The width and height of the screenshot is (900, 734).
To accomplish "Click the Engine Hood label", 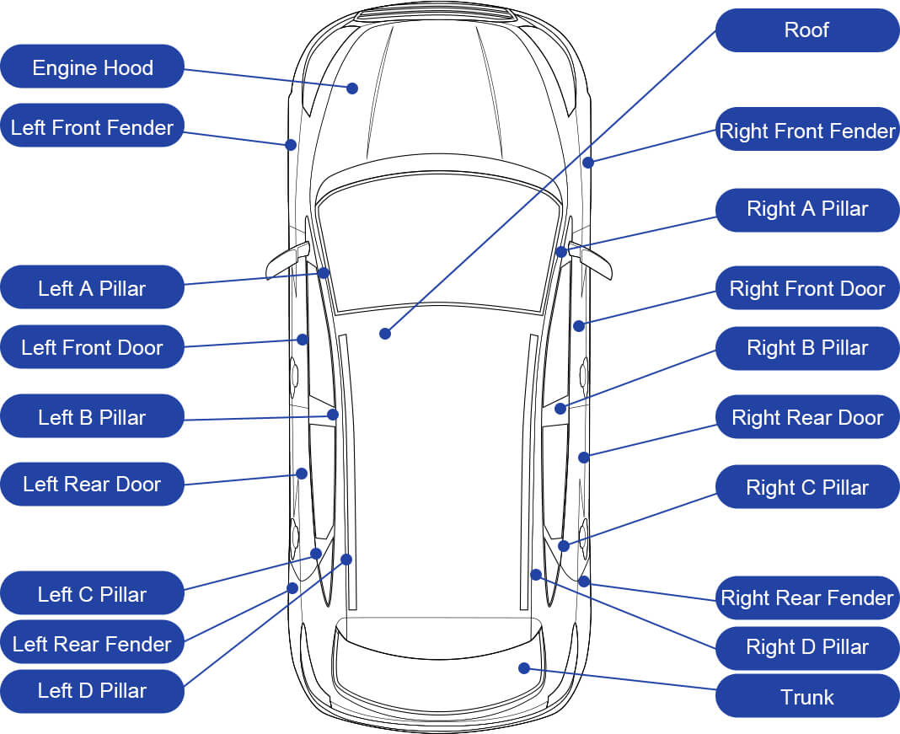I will [92, 67].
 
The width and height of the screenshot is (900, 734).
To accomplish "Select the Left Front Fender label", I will [92, 126].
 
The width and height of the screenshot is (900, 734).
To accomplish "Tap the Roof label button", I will [806, 30].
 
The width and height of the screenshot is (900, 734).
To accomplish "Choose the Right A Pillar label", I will [806, 209].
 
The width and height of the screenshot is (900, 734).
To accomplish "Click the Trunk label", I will [806, 696].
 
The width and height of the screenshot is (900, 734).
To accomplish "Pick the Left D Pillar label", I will [92, 690].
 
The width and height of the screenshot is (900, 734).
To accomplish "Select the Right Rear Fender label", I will [806, 597].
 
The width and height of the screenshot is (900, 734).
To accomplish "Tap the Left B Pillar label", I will [92, 416].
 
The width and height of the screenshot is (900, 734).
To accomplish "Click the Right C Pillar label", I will [806, 487].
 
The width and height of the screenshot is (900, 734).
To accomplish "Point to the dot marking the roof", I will [385, 334].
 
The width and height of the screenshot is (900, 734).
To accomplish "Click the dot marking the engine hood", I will [352, 88].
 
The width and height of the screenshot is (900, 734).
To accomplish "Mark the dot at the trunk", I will [524, 668].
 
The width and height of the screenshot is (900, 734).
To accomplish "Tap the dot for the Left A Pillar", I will [324, 272].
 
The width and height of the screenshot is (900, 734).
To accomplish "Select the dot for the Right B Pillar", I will [560, 410].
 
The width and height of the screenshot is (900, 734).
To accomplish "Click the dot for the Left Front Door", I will [303, 340].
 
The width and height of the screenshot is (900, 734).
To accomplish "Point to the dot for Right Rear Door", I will [583, 457].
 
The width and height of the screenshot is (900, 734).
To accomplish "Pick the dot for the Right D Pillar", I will [536, 575].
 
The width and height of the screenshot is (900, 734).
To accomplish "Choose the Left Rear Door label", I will [92, 484].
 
